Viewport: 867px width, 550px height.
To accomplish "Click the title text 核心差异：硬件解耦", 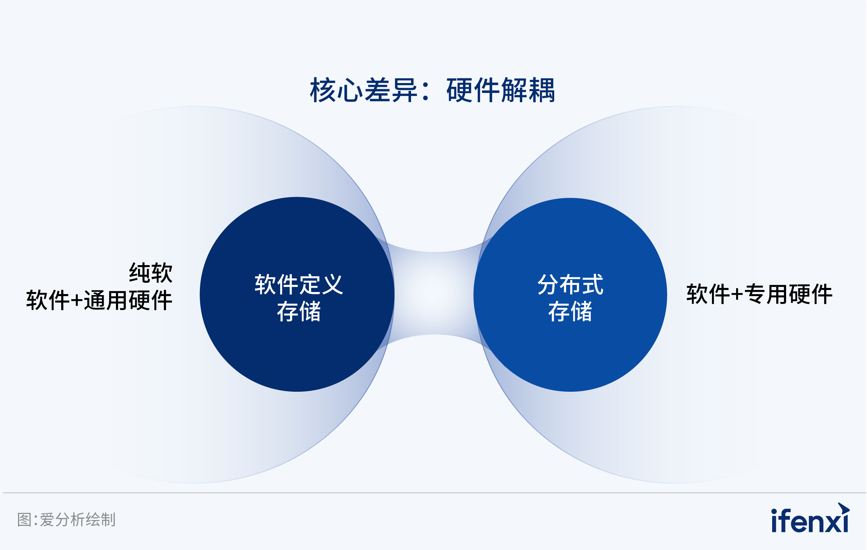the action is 432,90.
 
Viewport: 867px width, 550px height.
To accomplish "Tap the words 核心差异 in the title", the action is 364,90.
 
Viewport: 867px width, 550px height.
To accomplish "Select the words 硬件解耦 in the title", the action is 500,90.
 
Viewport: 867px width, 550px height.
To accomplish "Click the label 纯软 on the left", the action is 151,273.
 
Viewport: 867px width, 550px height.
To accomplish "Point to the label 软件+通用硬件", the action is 99,300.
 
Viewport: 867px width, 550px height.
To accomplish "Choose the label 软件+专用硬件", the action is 759,294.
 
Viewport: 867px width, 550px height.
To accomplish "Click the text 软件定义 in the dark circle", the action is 299,285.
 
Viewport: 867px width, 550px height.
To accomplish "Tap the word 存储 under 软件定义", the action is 299,311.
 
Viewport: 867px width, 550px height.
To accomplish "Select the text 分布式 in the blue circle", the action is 570,285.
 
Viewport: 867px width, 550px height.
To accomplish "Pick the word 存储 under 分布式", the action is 570,311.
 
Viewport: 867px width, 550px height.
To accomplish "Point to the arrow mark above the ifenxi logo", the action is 844,508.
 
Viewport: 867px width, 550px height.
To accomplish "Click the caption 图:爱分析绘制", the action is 67,520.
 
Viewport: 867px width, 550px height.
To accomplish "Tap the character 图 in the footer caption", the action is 24,520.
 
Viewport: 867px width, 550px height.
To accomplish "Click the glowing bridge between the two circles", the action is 434,293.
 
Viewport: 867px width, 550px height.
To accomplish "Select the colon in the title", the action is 426,91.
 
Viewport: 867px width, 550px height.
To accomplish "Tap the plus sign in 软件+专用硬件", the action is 737,295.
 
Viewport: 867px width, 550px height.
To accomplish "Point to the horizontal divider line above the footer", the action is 434,493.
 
